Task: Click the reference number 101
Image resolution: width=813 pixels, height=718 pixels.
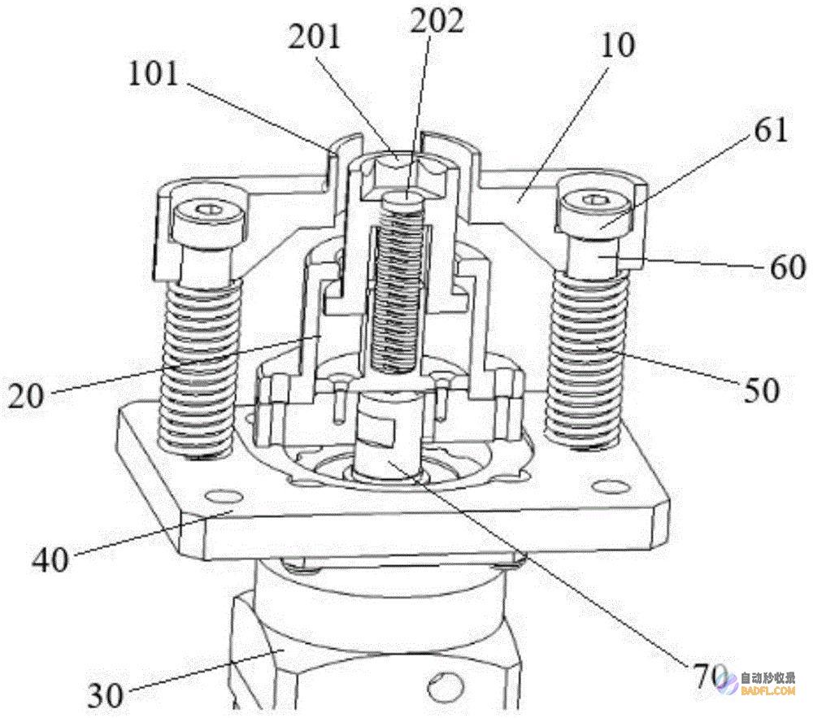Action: (x=153, y=74)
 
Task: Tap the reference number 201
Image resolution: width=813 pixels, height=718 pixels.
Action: (x=314, y=37)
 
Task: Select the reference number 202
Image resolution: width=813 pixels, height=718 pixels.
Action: (x=437, y=22)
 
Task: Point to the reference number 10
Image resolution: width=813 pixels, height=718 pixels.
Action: (x=618, y=46)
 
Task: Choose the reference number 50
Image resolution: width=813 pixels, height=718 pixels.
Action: (x=762, y=390)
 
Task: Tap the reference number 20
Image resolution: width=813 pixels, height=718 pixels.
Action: (x=26, y=397)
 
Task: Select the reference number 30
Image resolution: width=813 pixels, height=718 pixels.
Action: (x=105, y=694)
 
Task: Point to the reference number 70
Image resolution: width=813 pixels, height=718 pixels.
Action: (x=706, y=676)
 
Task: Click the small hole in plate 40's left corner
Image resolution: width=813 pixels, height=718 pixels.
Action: (x=224, y=497)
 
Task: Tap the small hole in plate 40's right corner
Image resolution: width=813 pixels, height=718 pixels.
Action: (x=610, y=485)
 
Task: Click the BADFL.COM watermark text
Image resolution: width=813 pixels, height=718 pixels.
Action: (x=768, y=690)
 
